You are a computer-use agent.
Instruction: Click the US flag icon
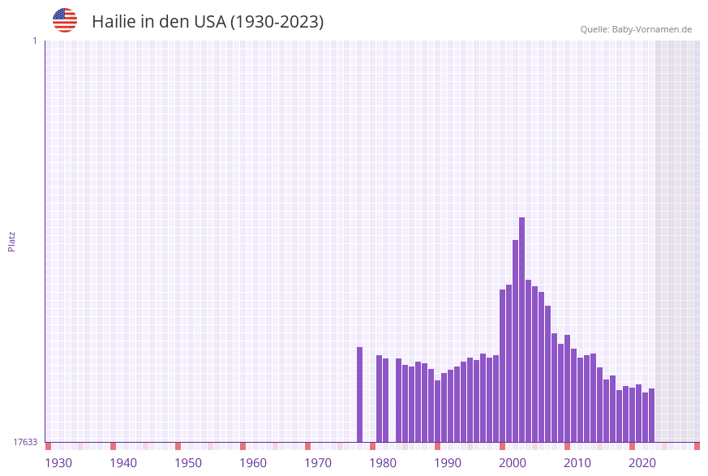(x=65, y=20)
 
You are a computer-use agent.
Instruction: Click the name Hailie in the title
(x=116, y=22)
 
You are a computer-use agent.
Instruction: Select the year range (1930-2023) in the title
(x=277, y=22)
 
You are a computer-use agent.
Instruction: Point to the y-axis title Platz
(x=11, y=241)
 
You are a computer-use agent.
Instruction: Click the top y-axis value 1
(x=34, y=41)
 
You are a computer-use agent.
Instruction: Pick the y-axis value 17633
(x=25, y=442)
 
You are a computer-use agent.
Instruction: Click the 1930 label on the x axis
(x=58, y=463)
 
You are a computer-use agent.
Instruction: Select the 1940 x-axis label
(x=123, y=463)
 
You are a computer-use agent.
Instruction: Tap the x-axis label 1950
(x=188, y=463)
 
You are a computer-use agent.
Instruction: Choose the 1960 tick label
(x=253, y=463)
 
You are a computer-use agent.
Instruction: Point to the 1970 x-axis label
(x=318, y=463)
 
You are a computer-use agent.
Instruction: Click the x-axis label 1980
(x=383, y=463)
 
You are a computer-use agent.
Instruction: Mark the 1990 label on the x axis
(x=448, y=463)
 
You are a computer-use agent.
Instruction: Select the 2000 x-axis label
(x=513, y=463)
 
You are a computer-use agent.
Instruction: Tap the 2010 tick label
(x=577, y=463)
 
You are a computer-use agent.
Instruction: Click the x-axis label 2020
(x=642, y=463)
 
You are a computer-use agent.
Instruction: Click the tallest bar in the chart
(x=521, y=329)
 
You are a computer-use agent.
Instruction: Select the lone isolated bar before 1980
(x=359, y=394)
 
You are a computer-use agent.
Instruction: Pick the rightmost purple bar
(x=651, y=415)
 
